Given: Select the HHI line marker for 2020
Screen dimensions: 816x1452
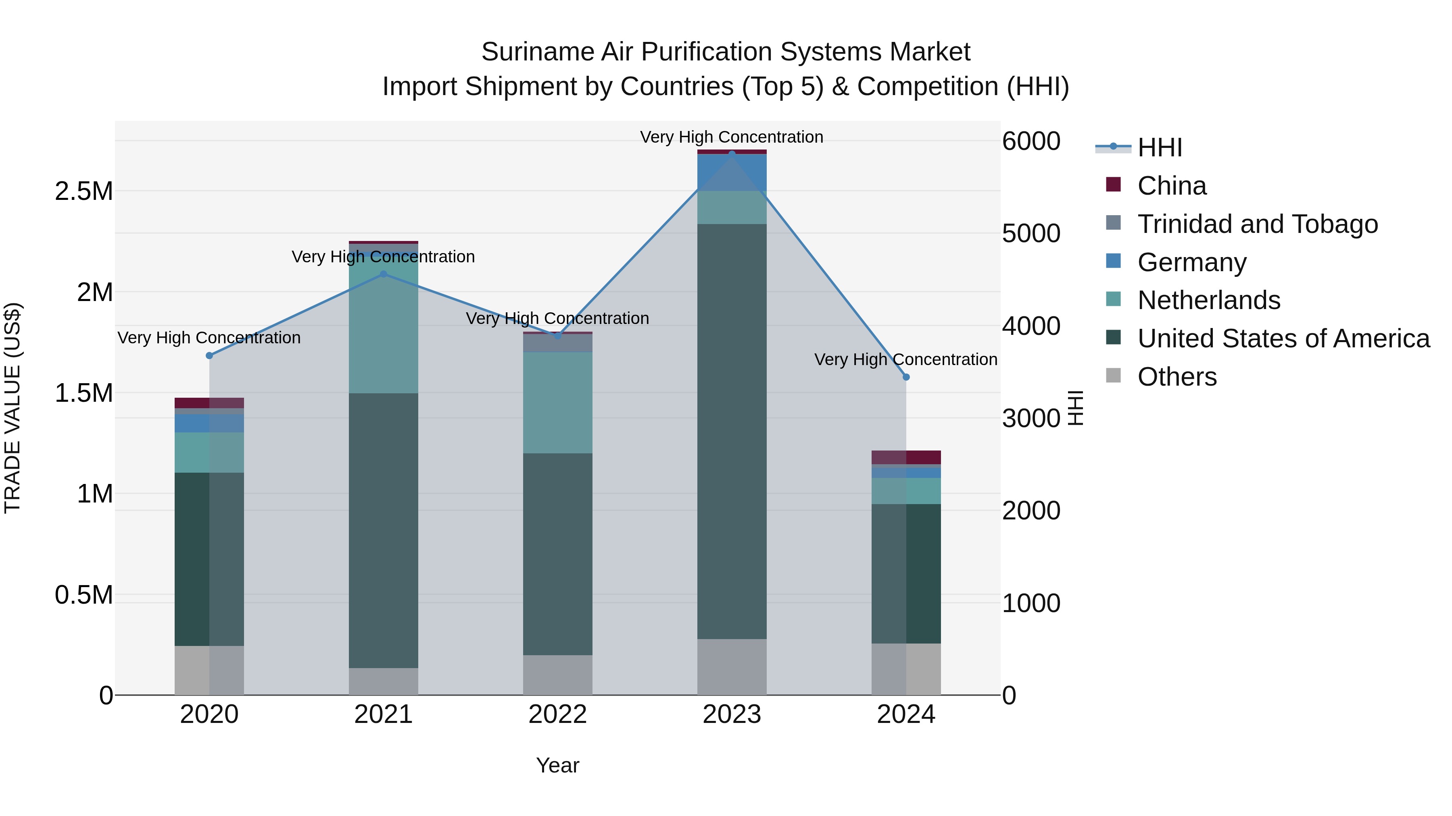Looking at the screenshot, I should (x=209, y=355).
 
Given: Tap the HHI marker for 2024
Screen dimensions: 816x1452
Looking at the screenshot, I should (x=906, y=377).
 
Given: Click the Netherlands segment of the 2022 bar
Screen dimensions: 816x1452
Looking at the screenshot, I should (x=557, y=403).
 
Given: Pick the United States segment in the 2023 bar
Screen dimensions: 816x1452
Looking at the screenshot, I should (x=732, y=431).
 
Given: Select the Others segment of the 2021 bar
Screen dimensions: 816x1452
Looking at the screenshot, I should (x=383, y=681).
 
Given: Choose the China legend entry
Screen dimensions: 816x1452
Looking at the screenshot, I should (x=1171, y=186).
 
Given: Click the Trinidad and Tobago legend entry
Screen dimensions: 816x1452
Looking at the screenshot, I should (x=1257, y=224).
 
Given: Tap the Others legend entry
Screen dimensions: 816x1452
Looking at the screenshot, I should (x=1177, y=377).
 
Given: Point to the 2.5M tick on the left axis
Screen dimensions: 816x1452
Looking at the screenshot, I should (x=83, y=191).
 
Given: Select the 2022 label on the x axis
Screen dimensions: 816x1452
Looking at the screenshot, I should (x=557, y=714).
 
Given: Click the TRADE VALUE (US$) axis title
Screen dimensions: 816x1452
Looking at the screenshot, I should (x=13, y=408).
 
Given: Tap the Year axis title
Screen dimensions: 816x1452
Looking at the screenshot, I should (x=557, y=765).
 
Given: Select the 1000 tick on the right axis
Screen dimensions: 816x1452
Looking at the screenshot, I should (x=1031, y=603).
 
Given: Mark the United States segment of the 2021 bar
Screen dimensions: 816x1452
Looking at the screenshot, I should (x=383, y=530).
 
